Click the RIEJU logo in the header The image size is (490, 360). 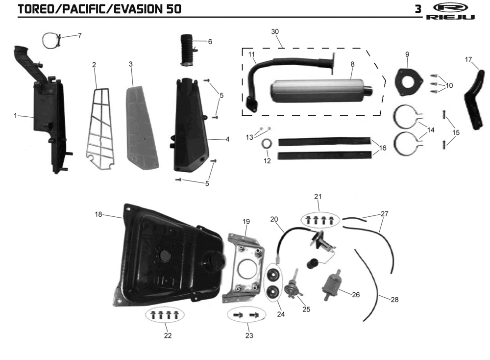[450, 12]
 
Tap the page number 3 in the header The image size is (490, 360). [418, 9]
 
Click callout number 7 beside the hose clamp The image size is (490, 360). [80, 35]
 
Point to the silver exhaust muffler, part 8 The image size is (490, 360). [322, 91]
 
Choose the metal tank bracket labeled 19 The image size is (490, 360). [244, 268]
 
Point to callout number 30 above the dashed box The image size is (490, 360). [275, 31]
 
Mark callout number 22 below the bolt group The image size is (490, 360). [168, 335]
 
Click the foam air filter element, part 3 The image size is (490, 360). [143, 128]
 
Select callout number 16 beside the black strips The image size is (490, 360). [383, 148]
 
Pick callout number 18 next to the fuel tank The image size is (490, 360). [98, 214]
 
